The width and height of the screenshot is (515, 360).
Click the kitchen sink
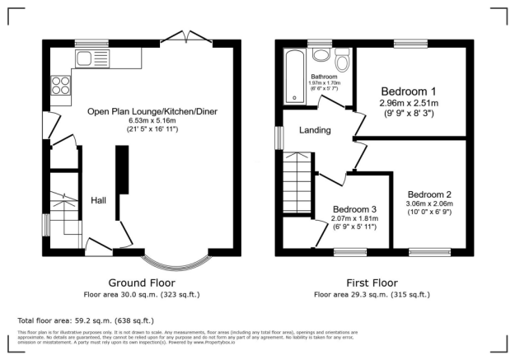(x=86, y=57)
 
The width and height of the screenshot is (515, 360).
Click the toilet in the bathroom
(x=340, y=60)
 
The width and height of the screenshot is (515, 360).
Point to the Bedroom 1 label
(x=408, y=91)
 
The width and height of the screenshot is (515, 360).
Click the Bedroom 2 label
(x=429, y=194)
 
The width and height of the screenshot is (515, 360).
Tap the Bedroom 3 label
(x=353, y=209)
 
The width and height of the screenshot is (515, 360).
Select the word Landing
(x=315, y=130)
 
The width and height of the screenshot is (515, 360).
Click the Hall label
(x=99, y=200)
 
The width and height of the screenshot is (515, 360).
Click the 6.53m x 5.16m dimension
(x=145, y=119)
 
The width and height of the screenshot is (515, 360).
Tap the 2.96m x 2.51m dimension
(x=408, y=103)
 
